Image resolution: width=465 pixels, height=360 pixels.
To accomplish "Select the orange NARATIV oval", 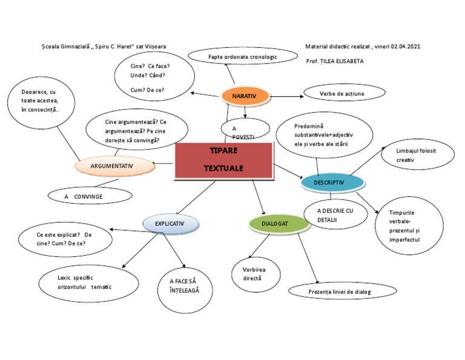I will click(x=245, y=96).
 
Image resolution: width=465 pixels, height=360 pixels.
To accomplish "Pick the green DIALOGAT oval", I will click(x=279, y=224).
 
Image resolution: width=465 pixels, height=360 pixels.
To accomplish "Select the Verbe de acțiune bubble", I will click(x=343, y=93).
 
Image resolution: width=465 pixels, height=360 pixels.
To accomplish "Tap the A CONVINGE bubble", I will click(x=90, y=196).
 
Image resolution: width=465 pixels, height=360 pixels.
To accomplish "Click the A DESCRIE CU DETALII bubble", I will click(x=334, y=214).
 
